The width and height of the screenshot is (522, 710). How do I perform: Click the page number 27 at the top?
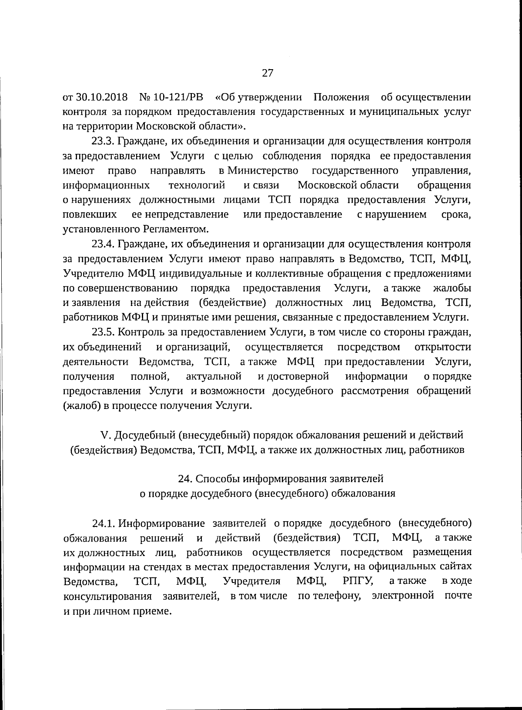click(267, 73)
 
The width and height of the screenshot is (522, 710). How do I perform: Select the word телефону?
click(335, 596)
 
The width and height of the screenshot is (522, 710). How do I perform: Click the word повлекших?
click(90, 214)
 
